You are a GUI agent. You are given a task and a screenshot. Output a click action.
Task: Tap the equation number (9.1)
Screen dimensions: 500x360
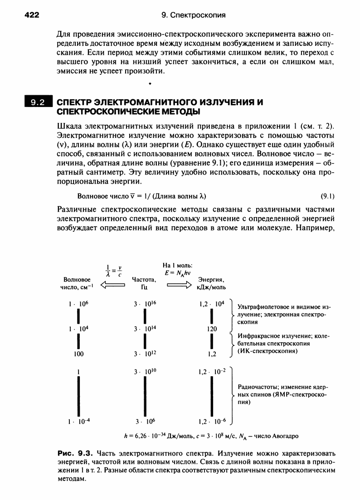(327, 197)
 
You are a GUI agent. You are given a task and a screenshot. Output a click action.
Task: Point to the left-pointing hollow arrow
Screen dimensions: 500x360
(112, 285)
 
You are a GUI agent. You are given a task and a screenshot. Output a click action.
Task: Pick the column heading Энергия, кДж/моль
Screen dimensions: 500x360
(211, 283)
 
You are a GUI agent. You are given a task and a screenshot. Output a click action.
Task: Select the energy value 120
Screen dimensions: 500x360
(211, 329)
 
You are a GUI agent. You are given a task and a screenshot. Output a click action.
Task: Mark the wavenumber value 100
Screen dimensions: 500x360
(78, 353)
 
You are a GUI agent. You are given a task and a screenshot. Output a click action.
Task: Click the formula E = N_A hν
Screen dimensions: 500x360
(177, 272)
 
